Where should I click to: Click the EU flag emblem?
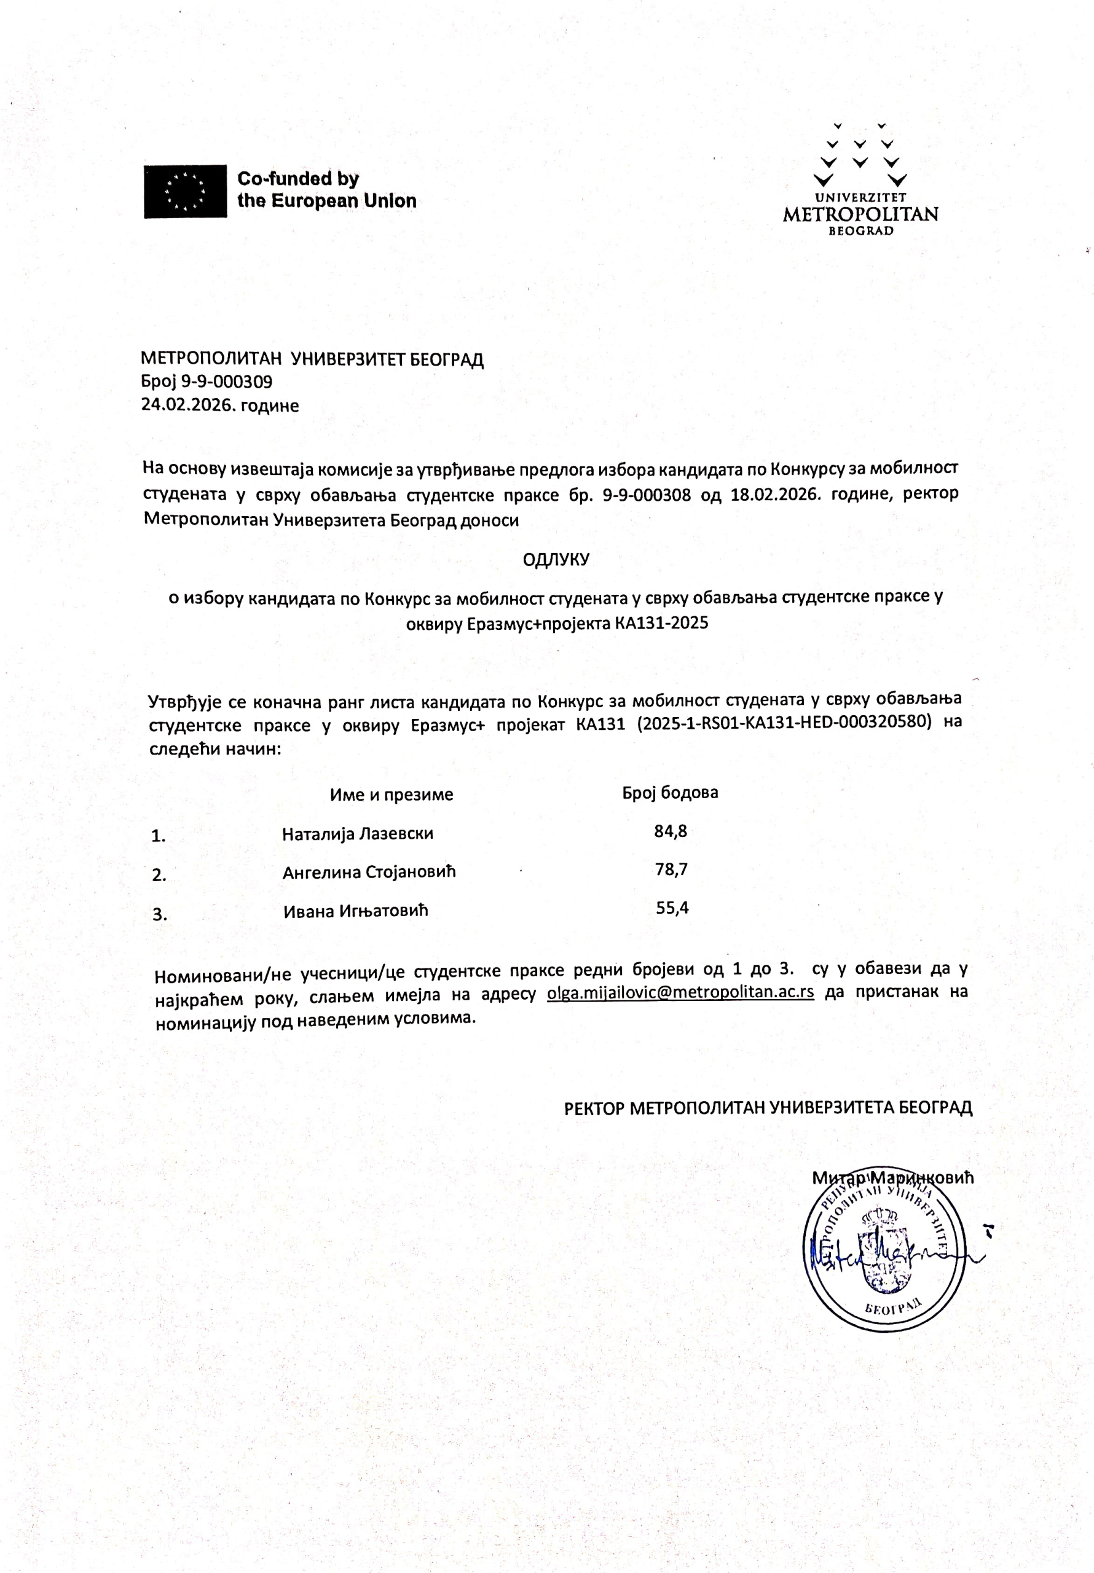point(185,191)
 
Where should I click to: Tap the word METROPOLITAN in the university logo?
point(860,214)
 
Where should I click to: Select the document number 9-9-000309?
point(226,382)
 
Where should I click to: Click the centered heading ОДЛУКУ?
point(556,560)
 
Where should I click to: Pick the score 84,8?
point(671,831)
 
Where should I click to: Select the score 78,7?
point(671,869)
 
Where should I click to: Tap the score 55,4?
point(672,908)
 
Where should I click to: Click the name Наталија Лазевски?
point(358,834)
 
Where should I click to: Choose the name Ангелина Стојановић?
point(369,872)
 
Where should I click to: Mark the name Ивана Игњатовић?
point(356,911)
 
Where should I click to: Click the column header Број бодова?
point(670,793)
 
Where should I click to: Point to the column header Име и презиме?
point(392,794)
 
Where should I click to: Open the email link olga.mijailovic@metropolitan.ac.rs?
point(680,992)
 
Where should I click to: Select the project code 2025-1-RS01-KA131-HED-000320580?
point(784,722)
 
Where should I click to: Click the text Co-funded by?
point(298,179)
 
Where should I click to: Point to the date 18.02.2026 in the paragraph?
point(774,494)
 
